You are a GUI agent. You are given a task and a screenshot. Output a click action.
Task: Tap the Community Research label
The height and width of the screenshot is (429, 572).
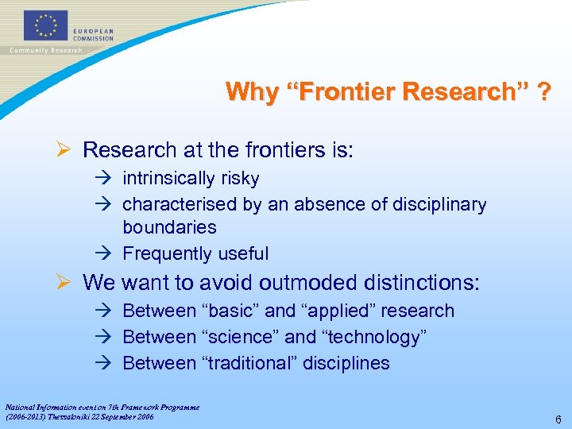pyautogui.click(x=45, y=51)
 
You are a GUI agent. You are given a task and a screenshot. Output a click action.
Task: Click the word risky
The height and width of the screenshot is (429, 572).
pyautogui.click(x=237, y=179)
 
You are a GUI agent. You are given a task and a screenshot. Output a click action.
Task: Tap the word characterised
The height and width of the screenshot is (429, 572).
pyautogui.click(x=180, y=204)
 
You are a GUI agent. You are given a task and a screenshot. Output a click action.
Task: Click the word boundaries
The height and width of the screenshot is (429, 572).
pyautogui.click(x=169, y=227)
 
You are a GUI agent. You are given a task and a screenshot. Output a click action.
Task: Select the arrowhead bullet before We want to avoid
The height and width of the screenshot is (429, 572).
pyautogui.click(x=68, y=282)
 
